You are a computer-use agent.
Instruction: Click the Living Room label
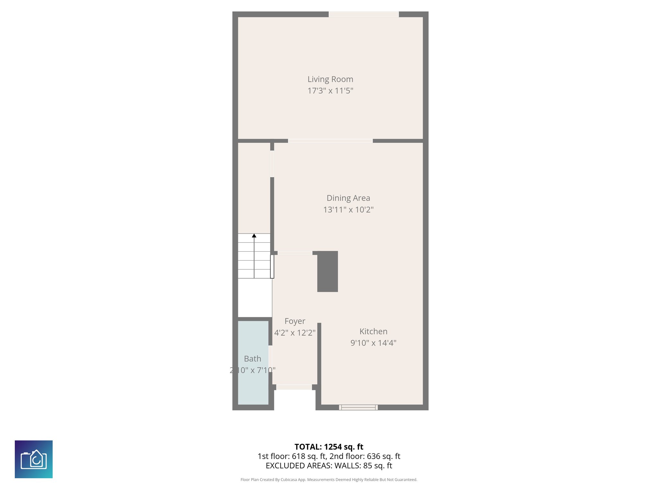click(x=330, y=79)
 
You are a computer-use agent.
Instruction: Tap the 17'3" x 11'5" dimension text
click(x=330, y=91)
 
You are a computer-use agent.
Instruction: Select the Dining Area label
click(x=348, y=198)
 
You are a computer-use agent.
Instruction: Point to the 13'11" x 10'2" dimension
click(x=348, y=210)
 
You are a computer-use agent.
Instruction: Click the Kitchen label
click(x=373, y=331)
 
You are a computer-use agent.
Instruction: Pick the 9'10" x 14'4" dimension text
click(x=373, y=343)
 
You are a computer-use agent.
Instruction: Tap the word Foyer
click(x=295, y=321)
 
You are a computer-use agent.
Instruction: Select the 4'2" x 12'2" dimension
click(x=295, y=333)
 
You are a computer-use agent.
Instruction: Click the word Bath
click(x=253, y=359)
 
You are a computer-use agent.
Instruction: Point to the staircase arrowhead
click(x=254, y=236)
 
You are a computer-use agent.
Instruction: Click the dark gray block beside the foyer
click(x=327, y=272)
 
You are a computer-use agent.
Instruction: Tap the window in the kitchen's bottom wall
click(x=358, y=407)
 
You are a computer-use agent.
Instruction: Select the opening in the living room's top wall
click(x=364, y=14)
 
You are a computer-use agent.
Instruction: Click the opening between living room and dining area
click(x=330, y=141)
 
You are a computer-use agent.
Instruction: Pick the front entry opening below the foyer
click(x=294, y=387)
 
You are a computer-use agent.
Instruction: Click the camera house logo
click(x=34, y=459)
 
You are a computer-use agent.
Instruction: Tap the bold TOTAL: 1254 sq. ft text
click(x=329, y=447)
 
